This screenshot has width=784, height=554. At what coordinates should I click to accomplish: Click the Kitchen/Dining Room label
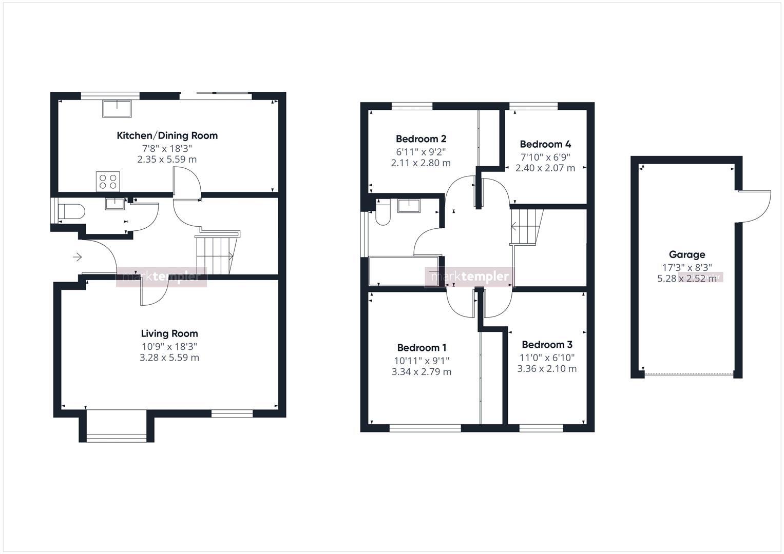(167, 135)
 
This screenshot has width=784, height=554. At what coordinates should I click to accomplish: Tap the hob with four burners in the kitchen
(108, 181)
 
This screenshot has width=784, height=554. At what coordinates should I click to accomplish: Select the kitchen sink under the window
(117, 109)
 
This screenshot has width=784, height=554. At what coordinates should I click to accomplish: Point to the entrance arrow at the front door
(78, 256)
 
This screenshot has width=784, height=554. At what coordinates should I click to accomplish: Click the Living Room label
(169, 333)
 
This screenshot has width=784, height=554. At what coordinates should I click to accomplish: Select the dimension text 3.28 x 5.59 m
(169, 358)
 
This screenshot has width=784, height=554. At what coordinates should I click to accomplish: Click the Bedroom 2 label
(421, 138)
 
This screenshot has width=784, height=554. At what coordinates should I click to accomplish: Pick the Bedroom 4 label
(545, 144)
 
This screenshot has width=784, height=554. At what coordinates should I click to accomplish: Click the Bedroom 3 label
(547, 345)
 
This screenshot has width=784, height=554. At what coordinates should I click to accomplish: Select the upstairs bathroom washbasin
(409, 206)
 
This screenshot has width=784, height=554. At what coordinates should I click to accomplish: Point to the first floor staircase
(527, 226)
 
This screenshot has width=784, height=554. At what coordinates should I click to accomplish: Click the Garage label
(686, 254)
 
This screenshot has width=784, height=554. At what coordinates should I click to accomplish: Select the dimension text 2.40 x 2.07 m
(545, 168)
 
